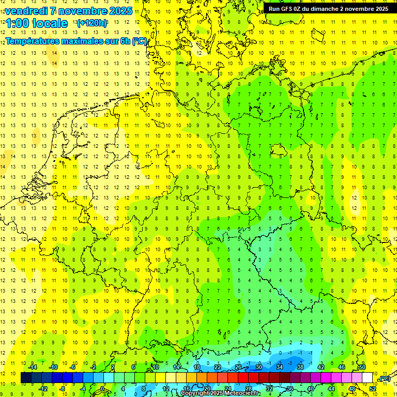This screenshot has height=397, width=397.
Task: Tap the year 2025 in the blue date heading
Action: [119, 11]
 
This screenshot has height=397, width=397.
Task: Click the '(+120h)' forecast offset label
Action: [92, 23]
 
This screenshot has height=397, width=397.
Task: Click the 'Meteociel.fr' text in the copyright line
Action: [243, 393]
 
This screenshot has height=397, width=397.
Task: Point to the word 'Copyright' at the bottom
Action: [195, 393]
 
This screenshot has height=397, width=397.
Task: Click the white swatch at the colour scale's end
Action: [367, 378]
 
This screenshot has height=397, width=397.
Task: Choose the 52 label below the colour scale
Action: [373, 389]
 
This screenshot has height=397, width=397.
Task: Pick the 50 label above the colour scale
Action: [362, 367]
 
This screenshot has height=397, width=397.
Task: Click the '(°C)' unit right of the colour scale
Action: [384, 378]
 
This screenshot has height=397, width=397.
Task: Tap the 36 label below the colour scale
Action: [290, 389]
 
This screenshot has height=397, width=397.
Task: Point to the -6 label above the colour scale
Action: [73, 367]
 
